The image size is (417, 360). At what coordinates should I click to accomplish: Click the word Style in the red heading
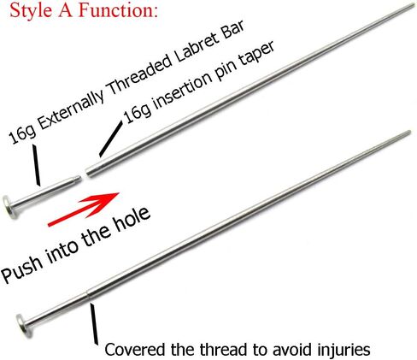click(31, 11)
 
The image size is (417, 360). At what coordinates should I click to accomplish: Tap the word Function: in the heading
click(118, 10)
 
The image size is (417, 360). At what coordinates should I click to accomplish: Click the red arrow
click(83, 209)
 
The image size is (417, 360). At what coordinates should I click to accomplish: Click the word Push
click(23, 268)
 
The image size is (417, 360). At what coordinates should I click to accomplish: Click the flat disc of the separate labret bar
click(9, 207)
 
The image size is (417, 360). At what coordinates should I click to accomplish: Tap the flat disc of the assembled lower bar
click(23, 326)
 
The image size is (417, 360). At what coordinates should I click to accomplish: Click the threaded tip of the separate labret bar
click(78, 180)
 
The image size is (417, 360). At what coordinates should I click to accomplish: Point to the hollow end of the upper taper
click(89, 172)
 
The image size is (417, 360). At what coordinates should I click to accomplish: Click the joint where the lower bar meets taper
click(88, 294)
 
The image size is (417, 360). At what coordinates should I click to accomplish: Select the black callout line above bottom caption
click(94, 323)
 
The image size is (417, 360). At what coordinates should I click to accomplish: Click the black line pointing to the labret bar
click(36, 165)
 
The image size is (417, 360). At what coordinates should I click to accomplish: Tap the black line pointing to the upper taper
click(111, 139)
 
